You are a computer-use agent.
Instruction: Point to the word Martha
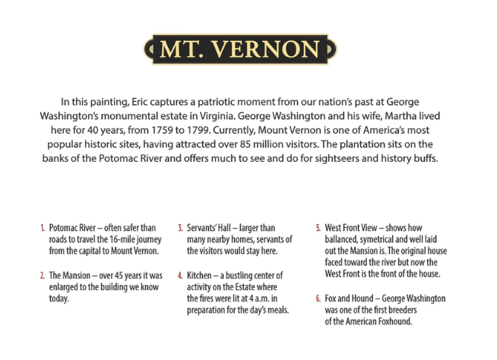click(x=421, y=115)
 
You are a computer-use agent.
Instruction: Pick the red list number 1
click(x=42, y=228)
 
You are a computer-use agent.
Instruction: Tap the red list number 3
click(x=180, y=228)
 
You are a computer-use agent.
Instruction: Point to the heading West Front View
click(x=356, y=228)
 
